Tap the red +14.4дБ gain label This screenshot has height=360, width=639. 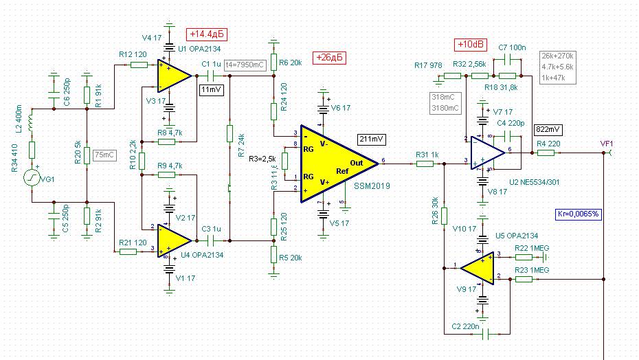point(207,34)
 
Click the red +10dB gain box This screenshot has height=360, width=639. point(471,45)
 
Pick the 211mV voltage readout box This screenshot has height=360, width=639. point(372,139)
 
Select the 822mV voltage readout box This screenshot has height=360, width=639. point(547,129)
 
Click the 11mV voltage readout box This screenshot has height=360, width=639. point(212,89)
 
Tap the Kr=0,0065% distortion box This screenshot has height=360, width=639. point(579,214)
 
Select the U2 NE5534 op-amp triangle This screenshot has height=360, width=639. point(487,154)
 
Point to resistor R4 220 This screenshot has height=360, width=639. point(546,153)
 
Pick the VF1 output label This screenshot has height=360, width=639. point(606,144)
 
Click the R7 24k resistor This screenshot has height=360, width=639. point(231,135)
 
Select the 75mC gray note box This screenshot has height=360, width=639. point(104,155)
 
